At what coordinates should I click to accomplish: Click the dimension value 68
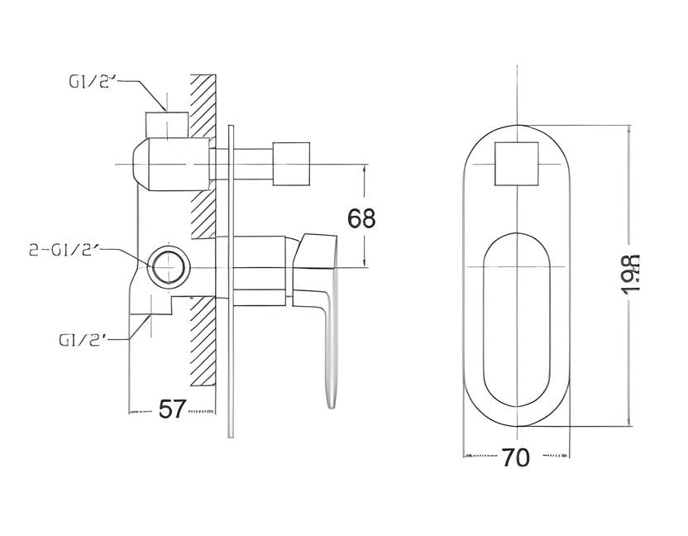(x=361, y=218)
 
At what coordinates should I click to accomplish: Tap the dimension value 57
(x=171, y=409)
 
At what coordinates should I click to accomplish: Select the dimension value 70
(x=515, y=457)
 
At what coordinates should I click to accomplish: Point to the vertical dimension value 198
(x=631, y=275)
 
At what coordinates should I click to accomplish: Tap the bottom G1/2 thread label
(x=83, y=339)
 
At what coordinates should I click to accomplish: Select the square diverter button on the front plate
(x=516, y=163)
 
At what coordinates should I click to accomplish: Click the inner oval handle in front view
(x=516, y=323)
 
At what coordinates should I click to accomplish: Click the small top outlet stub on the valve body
(x=166, y=124)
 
